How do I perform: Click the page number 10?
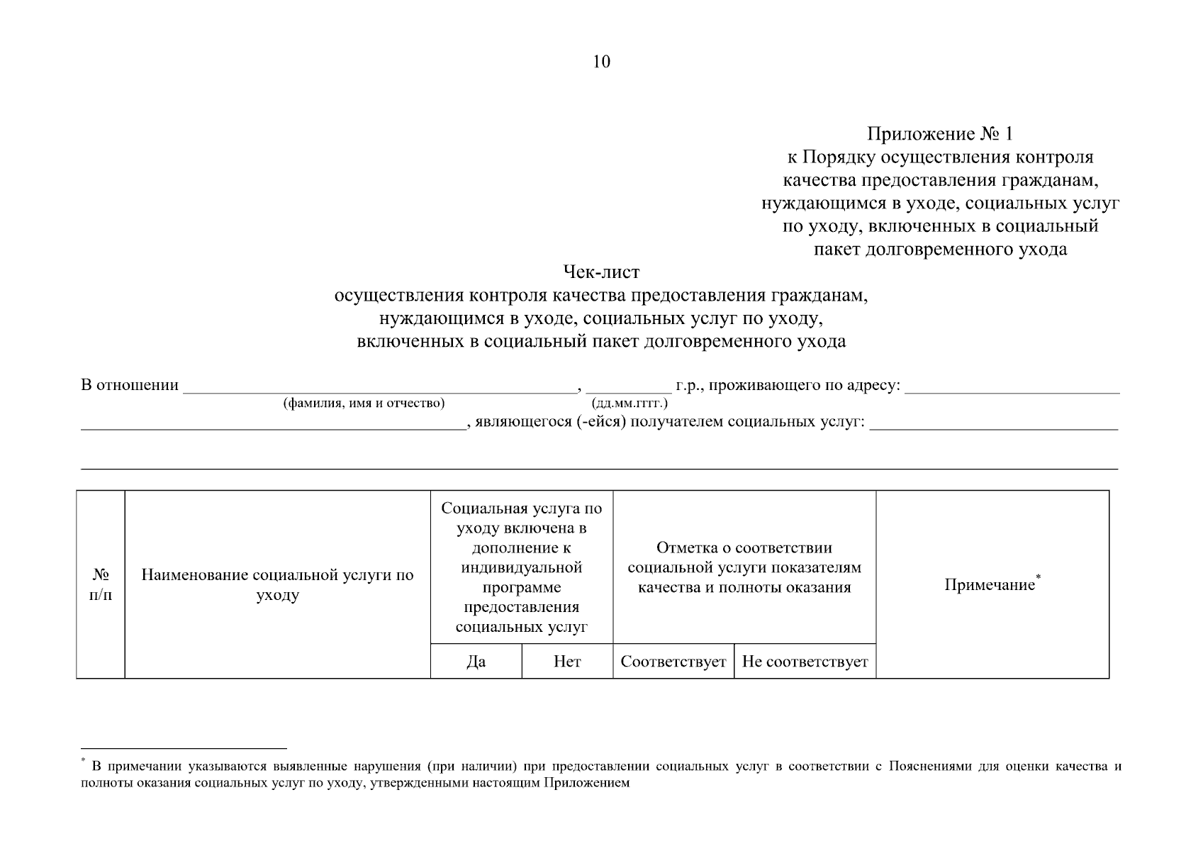point(600,62)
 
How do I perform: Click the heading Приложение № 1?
point(940,134)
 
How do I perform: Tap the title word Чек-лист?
point(601,272)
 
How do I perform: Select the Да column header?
point(476,662)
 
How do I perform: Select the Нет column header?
point(567,662)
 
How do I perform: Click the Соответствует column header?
point(673,662)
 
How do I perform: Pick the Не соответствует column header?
point(805,662)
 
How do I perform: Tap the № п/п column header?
point(101,585)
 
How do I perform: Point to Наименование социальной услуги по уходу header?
point(277,585)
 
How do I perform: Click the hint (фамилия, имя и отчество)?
point(364,404)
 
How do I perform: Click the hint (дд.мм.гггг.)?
point(629,404)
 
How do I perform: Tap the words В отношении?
point(130,386)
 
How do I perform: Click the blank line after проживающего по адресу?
point(1012,388)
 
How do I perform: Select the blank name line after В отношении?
point(379,388)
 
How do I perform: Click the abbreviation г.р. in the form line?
point(687,386)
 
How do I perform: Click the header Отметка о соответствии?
point(744,548)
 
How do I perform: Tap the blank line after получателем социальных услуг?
point(993,425)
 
